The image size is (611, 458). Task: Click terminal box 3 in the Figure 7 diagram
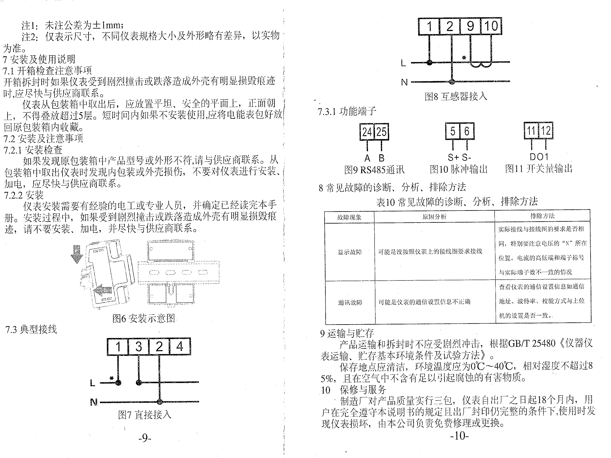coord(138,346)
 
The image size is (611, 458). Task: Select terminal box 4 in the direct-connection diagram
coord(180,346)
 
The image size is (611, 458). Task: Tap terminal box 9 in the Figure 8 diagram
coord(470,26)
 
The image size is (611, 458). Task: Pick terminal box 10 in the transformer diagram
coord(491,26)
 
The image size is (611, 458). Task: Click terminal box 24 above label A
coord(367,132)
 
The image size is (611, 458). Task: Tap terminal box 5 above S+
coord(452,131)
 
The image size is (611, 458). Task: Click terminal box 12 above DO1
coord(546,130)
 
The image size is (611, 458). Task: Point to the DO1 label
coord(539,157)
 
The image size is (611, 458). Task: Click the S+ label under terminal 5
coord(453,157)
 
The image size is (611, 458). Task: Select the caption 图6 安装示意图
coord(144,318)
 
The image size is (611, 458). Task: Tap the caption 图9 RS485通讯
coord(374,170)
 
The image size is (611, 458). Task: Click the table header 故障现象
coord(349,217)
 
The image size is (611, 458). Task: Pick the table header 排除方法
coord(542,216)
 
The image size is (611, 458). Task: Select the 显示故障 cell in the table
coord(350,252)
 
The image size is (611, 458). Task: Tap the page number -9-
coord(145,438)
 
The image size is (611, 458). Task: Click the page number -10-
coord(459,436)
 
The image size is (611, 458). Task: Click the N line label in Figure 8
coord(404,82)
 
